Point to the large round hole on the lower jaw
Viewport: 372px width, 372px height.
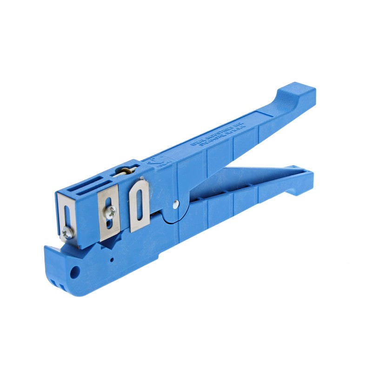click(75, 270)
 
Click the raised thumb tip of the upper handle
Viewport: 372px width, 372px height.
click(298, 93)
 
